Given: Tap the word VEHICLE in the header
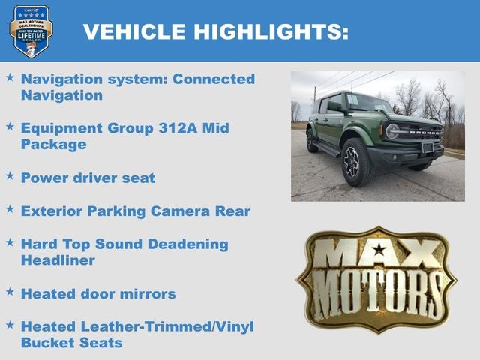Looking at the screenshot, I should point(134,31).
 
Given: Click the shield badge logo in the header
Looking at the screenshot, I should point(31,31).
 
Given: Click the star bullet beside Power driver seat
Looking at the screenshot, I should point(10,176).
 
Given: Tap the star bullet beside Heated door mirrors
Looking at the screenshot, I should point(10,292).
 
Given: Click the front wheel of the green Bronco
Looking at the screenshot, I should point(357,162).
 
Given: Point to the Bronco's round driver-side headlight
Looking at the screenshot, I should point(391,131).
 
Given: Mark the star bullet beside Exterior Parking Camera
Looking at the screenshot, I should point(10,210).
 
